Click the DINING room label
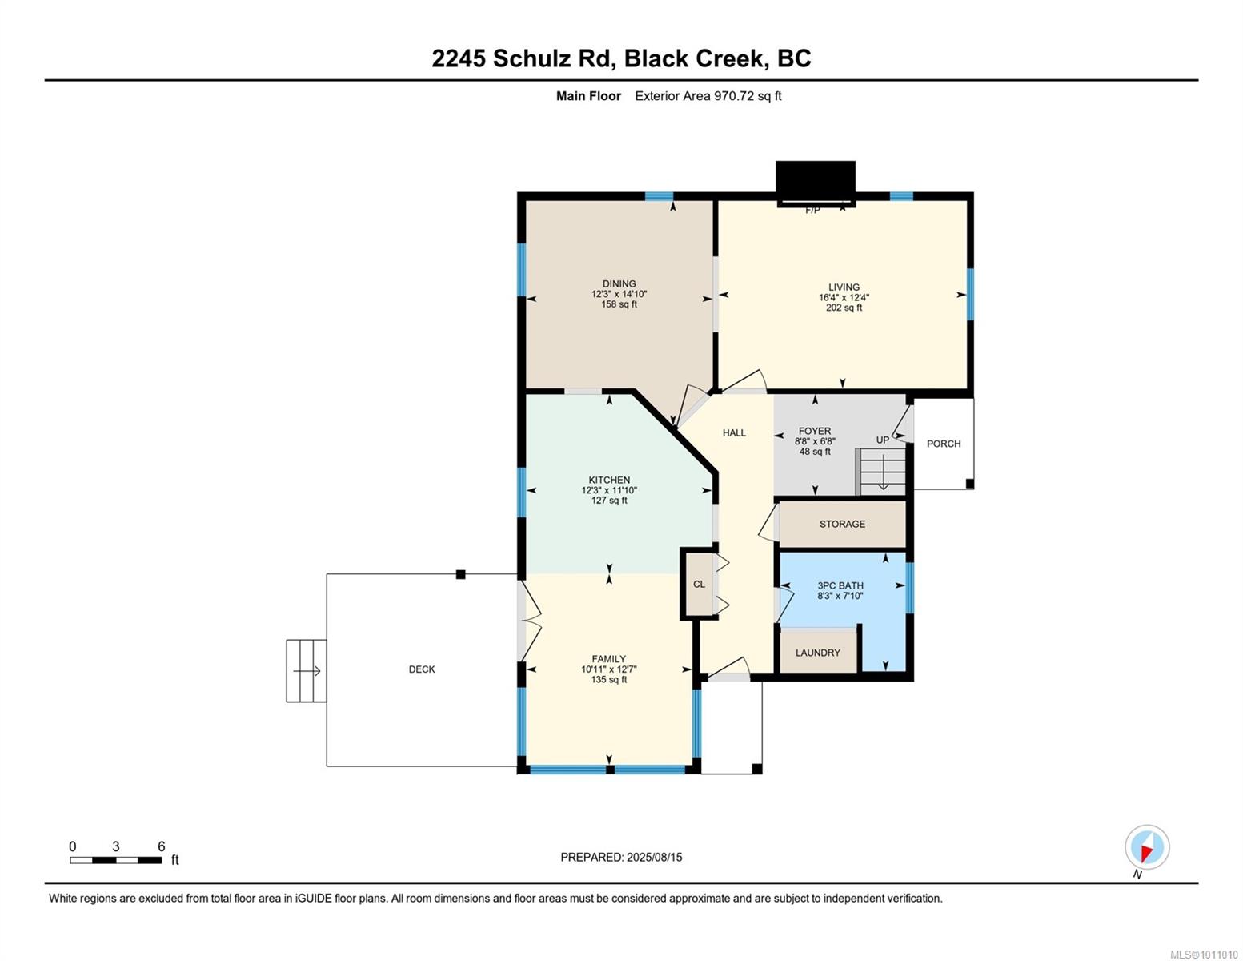(x=619, y=283)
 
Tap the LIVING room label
(x=844, y=287)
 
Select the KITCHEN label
(x=609, y=480)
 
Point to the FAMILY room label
(x=608, y=659)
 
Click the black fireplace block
(x=815, y=183)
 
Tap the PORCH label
(x=944, y=444)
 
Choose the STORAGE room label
(x=842, y=524)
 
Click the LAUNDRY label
(x=817, y=653)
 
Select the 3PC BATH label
(x=840, y=585)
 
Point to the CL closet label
(x=699, y=584)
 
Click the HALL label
(x=734, y=432)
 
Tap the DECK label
(x=422, y=669)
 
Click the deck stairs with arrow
(x=306, y=671)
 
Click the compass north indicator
(x=1147, y=847)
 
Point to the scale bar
(x=115, y=859)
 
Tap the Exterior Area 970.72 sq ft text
(x=708, y=96)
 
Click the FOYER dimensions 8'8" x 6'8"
(x=815, y=441)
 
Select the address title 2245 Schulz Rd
(x=523, y=59)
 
